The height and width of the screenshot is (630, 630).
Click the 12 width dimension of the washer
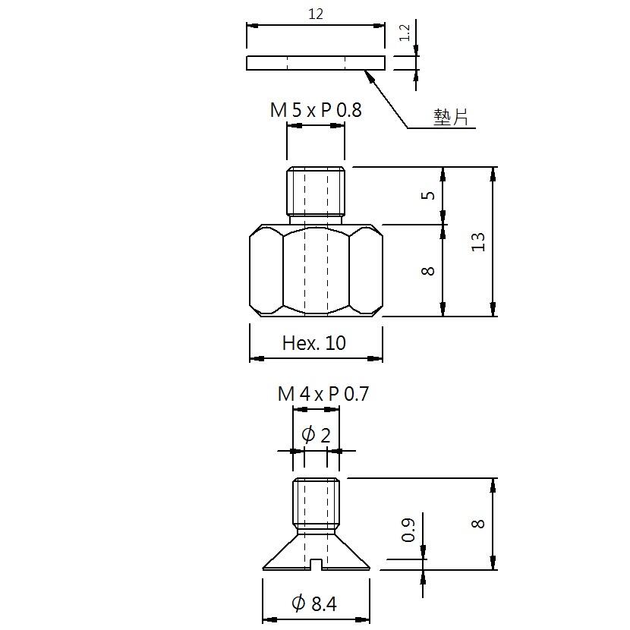pyautogui.click(x=316, y=14)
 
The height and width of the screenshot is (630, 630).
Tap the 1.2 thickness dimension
pyautogui.click(x=405, y=33)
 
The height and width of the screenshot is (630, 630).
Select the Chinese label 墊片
pyautogui.click(x=451, y=118)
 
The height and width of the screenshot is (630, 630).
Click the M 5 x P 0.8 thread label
pyautogui.click(x=316, y=110)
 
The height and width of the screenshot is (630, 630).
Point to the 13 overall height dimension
pyautogui.click(x=478, y=241)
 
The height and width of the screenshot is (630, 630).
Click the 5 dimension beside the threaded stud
pyautogui.click(x=428, y=195)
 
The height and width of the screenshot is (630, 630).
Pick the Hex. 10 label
pyautogui.click(x=313, y=343)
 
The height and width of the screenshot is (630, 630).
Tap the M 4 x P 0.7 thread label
pyautogui.click(x=323, y=394)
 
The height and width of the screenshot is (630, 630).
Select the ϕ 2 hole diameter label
pyautogui.click(x=316, y=435)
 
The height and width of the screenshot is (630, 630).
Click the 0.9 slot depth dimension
pyautogui.click(x=408, y=530)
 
